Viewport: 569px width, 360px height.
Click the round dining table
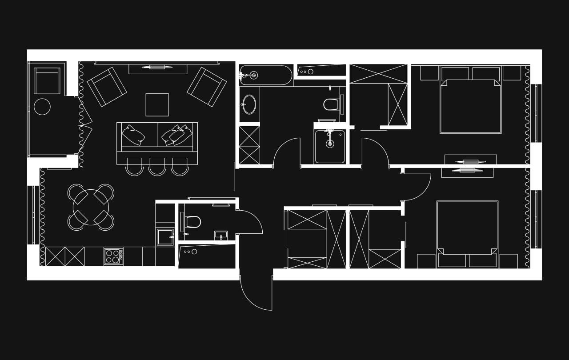coord(91,207)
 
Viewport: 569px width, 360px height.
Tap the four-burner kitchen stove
coord(113,256)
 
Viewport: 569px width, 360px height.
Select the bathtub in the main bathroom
coord(265,75)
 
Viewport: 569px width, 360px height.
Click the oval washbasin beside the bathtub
coord(249,104)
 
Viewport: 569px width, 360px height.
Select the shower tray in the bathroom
coord(330,146)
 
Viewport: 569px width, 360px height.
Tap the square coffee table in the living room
coord(157,104)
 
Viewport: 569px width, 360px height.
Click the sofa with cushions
coord(157,137)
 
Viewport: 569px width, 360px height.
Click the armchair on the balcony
coord(47,80)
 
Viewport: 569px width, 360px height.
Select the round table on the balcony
coord(42,107)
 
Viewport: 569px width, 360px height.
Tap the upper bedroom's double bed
coord(470,105)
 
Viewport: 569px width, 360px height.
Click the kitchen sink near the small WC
coord(165,237)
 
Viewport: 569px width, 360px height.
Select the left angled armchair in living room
coord(107,87)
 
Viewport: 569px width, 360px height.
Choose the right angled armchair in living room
coord(207,87)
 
